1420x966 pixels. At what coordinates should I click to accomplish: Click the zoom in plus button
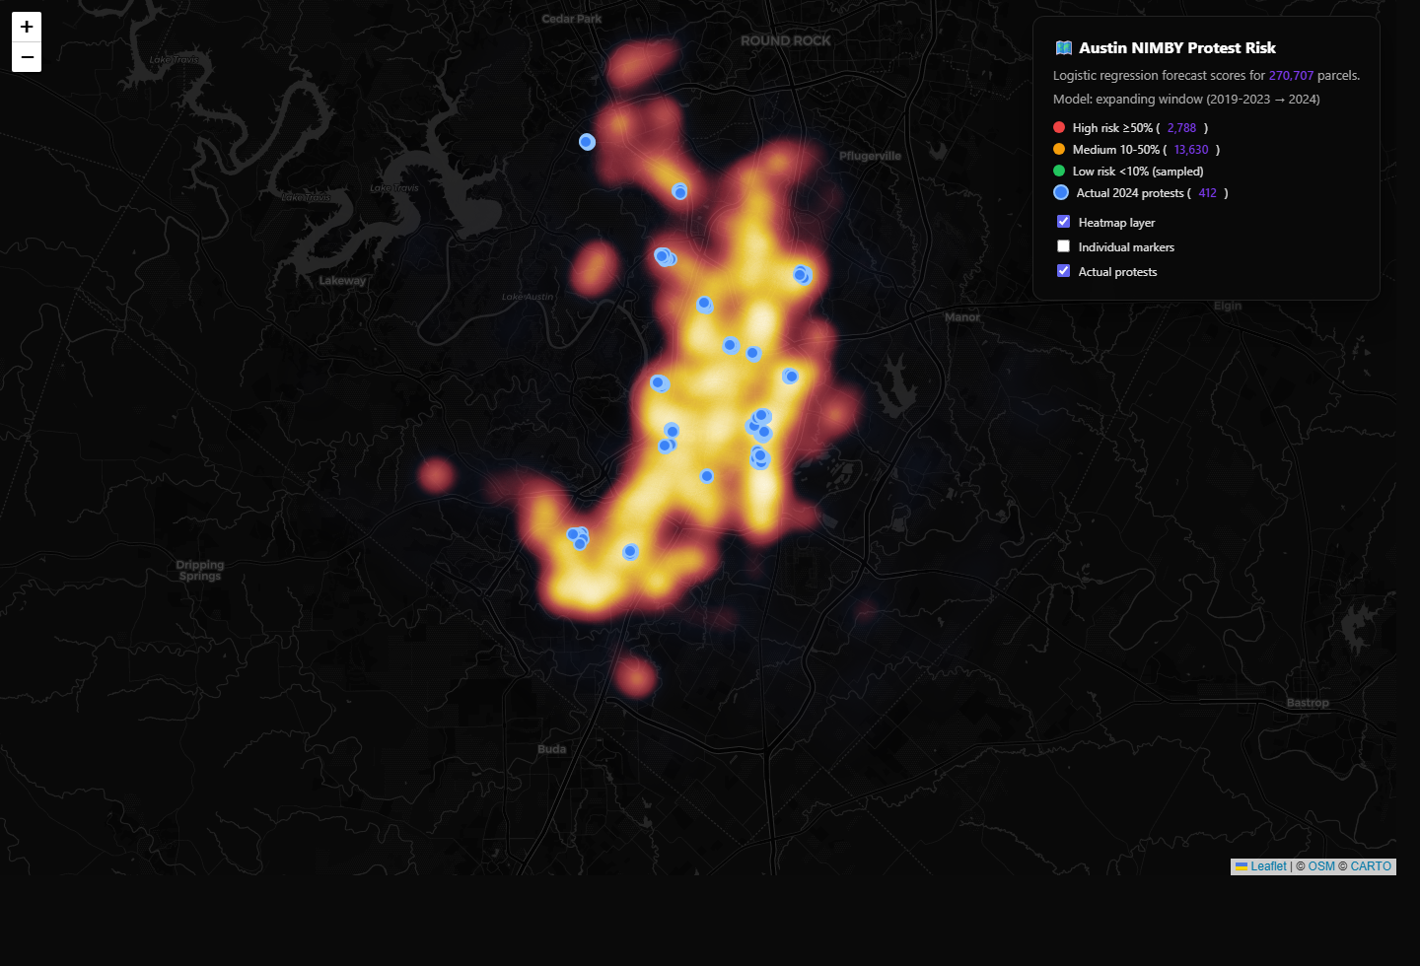point(27,27)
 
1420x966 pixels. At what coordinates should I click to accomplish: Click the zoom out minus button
point(27,57)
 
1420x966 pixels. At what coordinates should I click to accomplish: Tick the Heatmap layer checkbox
point(1063,222)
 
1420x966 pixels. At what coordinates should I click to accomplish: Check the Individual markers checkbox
point(1063,246)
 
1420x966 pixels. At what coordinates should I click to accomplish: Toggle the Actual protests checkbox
point(1063,271)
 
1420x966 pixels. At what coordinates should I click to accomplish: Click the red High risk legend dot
point(1059,127)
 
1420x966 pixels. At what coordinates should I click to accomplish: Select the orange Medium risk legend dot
point(1059,149)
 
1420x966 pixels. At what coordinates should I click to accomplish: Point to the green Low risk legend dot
point(1059,171)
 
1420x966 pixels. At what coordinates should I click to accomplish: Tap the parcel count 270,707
point(1291,76)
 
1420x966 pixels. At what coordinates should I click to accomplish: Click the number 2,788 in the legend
point(1181,128)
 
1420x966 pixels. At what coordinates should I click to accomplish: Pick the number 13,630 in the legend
point(1190,150)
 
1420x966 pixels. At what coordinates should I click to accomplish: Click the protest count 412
point(1207,193)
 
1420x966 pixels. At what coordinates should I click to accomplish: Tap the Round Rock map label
point(785,40)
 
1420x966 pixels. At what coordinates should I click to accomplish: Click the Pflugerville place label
point(870,156)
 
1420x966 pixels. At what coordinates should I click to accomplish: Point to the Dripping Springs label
point(200,570)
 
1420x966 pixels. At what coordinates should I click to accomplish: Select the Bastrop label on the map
point(1308,703)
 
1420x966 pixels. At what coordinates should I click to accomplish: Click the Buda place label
point(552,749)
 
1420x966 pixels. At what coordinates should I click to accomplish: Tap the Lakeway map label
point(342,280)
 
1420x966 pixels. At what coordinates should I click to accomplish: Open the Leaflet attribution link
point(1268,866)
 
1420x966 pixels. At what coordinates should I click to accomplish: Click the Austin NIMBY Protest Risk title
point(1176,47)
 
